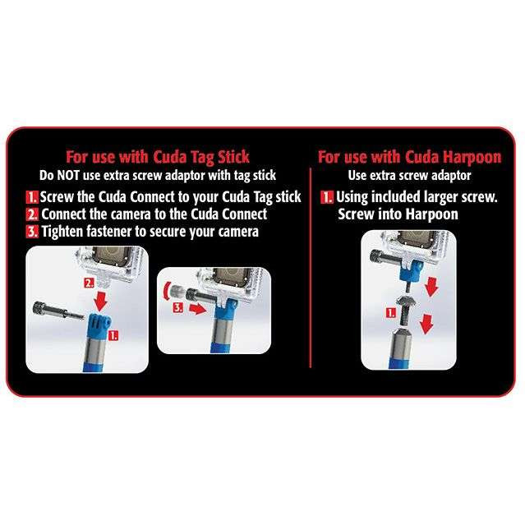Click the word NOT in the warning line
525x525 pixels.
69,175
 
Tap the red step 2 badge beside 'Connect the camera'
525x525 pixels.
33,214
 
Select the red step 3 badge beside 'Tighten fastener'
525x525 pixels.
33,232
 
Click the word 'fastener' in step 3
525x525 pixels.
108,231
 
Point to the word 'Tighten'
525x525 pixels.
62,232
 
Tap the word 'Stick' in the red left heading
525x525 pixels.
233,157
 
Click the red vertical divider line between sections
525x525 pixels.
311,268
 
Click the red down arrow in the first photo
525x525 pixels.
101,300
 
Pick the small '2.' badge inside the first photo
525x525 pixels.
89,283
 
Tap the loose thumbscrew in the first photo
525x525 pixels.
58,311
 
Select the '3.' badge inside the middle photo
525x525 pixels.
177,308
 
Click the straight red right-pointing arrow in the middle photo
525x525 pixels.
197,309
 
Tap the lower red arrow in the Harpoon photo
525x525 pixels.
426,324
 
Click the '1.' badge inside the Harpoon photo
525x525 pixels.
391,313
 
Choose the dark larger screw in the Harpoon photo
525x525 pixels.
406,310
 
